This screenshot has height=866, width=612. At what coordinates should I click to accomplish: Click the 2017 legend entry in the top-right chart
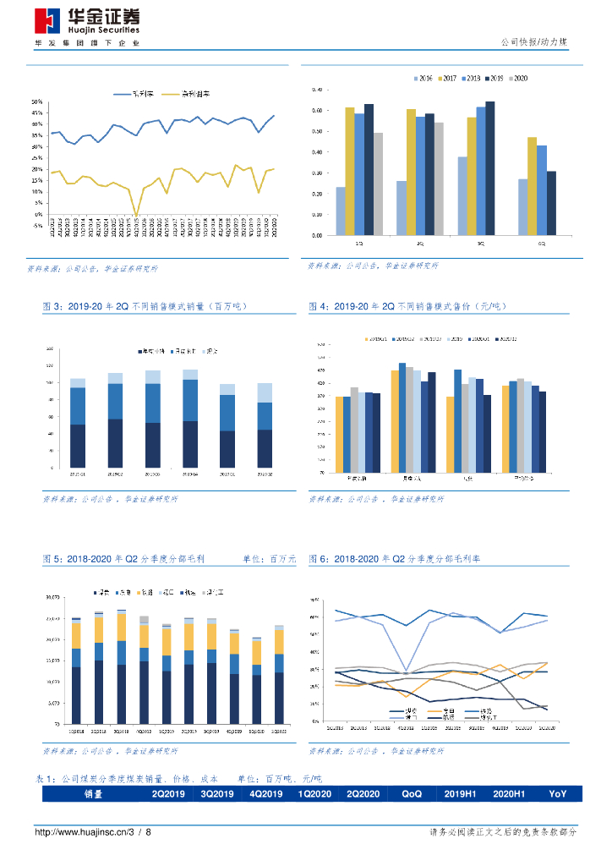[x=447, y=79]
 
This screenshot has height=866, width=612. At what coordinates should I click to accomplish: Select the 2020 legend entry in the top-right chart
[x=516, y=79]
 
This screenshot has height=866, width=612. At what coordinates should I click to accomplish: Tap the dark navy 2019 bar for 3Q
[x=489, y=169]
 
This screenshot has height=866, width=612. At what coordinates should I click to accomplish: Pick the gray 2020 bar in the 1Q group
[x=378, y=184]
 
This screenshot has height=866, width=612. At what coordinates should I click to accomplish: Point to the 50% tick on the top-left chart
[x=37, y=101]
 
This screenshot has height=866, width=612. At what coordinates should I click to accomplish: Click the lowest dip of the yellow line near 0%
[x=137, y=216]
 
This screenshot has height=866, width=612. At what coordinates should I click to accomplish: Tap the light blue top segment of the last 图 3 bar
[x=265, y=392]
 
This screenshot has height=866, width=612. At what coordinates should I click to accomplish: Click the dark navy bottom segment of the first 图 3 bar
[x=78, y=446]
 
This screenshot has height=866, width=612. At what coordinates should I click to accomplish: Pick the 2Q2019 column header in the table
[x=167, y=794]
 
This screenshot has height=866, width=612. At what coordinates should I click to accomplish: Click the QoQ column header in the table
[x=412, y=794]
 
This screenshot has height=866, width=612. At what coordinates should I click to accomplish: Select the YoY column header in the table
[x=558, y=794]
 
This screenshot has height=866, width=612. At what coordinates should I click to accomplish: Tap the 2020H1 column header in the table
[x=509, y=794]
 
